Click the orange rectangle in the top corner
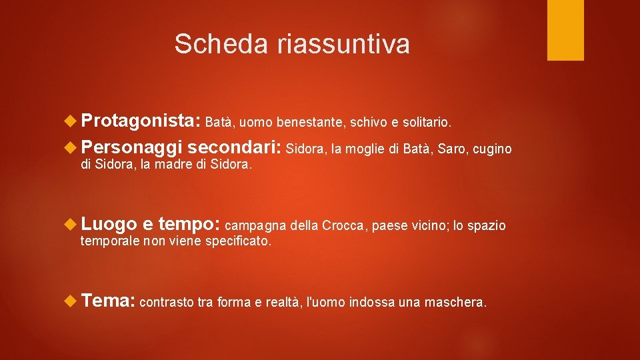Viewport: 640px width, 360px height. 565,30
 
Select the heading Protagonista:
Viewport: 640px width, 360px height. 141,121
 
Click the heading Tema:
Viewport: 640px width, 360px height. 108,301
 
